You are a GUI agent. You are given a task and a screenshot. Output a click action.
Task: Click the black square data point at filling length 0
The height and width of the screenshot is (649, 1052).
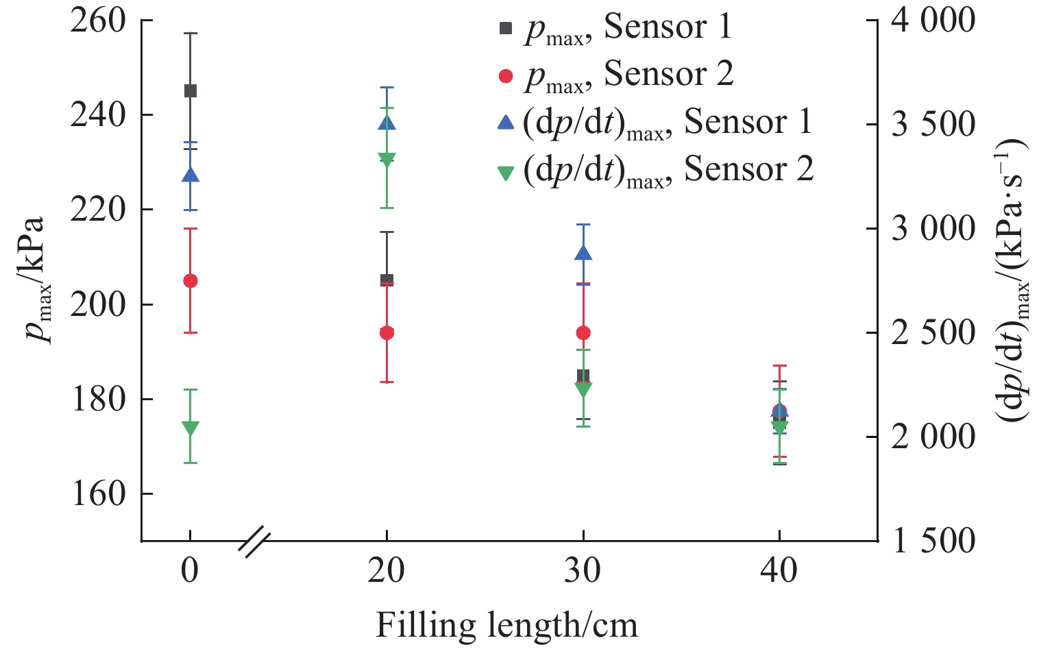tap(191, 90)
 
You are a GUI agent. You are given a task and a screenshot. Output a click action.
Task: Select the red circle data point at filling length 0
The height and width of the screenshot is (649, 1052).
tap(191, 281)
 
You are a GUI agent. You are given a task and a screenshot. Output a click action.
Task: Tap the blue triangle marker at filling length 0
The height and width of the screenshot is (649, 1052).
tap(191, 175)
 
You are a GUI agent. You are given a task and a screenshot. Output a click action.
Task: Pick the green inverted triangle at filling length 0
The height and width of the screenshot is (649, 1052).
tap(191, 428)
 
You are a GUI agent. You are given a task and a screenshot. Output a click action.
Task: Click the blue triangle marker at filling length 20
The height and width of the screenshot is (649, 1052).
tap(387, 123)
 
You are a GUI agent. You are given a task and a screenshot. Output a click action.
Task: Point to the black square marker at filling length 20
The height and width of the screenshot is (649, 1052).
tap(387, 280)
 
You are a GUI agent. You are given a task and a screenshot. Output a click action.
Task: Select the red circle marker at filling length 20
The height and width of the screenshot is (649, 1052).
tap(387, 333)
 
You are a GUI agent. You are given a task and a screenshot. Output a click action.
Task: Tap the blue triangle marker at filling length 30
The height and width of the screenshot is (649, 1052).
tap(583, 252)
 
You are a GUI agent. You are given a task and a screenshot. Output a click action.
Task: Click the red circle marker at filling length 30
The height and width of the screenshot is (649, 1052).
tap(583, 333)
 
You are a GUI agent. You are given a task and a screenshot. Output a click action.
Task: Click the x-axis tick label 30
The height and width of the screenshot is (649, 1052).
tap(583, 571)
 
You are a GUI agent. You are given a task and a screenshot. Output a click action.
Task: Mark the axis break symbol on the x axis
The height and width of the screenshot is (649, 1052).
tap(255, 540)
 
